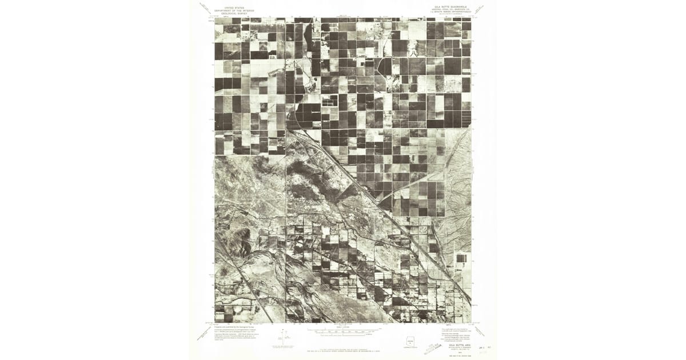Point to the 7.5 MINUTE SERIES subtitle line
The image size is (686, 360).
point(450,13)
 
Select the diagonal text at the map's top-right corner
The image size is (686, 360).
point(482,8)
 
